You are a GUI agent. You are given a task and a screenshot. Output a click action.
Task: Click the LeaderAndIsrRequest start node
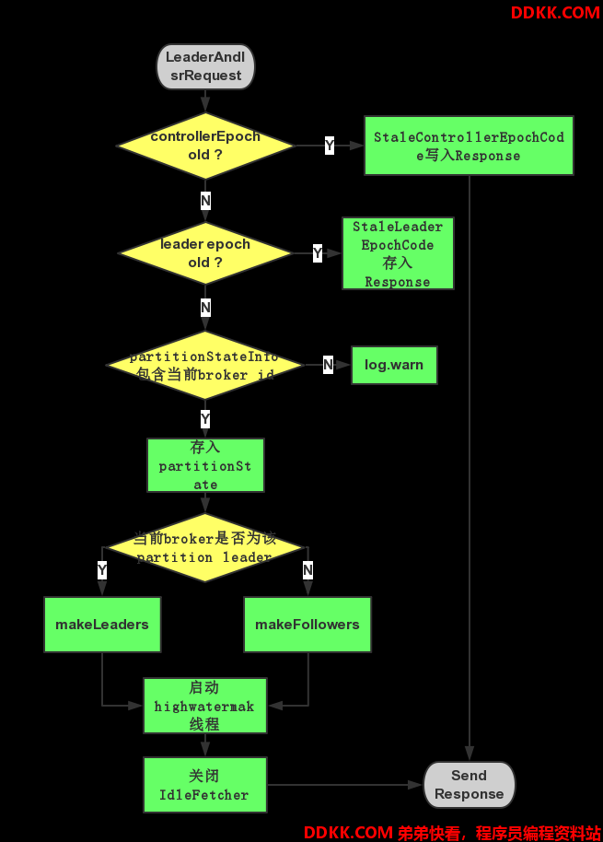tap(205, 66)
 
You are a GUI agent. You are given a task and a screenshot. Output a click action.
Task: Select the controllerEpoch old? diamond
tap(205, 146)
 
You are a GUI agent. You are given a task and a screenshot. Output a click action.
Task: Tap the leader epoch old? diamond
tap(205, 253)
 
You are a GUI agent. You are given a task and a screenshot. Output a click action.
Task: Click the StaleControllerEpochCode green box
tap(469, 146)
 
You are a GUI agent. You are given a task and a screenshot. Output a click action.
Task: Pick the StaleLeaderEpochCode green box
tap(398, 253)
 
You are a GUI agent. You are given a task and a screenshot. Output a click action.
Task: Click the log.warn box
tap(394, 365)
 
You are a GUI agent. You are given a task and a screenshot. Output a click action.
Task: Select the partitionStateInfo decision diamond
tap(205, 365)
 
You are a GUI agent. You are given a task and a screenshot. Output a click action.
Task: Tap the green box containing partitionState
tap(205, 465)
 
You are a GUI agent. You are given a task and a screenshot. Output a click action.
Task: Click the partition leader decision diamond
tap(205, 548)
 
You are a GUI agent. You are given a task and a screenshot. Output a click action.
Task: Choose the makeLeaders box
tap(102, 625)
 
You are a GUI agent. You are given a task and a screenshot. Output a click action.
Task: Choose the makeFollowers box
tap(307, 625)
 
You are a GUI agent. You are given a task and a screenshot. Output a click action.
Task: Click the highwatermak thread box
tap(205, 706)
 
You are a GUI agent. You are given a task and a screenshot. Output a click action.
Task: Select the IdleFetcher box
tap(205, 785)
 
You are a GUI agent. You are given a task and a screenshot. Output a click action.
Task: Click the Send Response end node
tap(470, 785)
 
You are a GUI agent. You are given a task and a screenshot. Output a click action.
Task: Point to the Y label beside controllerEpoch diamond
tap(330, 145)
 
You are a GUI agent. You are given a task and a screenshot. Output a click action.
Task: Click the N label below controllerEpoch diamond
tap(205, 201)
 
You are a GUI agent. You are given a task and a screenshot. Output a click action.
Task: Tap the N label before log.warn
tap(329, 365)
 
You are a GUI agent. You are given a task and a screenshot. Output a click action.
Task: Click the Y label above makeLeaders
tap(102, 569)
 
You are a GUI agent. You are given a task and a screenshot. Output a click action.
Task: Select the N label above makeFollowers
tap(307, 569)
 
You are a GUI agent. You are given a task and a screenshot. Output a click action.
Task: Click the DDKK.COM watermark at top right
tap(555, 12)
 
